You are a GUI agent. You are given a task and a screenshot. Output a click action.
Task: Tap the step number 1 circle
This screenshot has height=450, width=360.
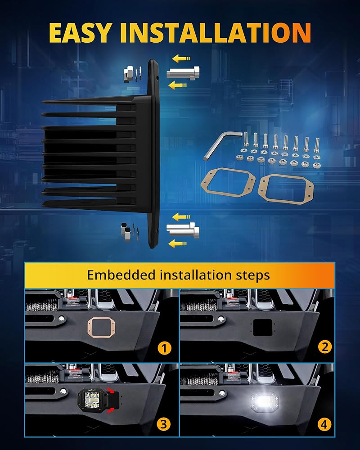(165, 347)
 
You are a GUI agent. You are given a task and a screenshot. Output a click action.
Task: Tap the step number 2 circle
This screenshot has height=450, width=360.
(324, 346)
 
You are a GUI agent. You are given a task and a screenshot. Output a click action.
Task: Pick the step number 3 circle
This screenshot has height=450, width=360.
(165, 423)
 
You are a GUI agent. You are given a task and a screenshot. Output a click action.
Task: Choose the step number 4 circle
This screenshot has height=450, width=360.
(324, 423)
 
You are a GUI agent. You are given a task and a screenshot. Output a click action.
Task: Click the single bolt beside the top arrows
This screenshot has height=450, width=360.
(183, 72)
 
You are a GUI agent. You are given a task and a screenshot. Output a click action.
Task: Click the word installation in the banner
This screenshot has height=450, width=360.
(193, 275)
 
